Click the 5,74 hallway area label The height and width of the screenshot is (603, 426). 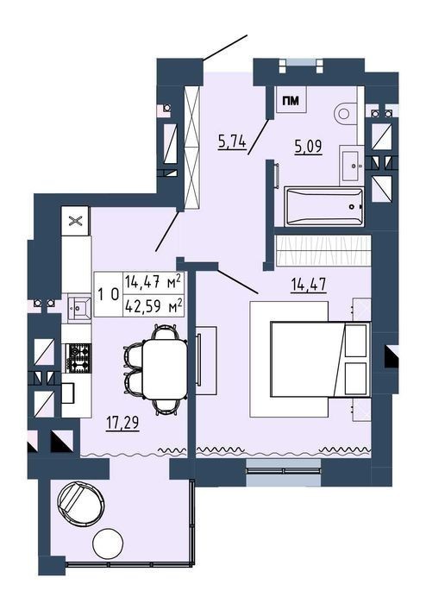click(232, 142)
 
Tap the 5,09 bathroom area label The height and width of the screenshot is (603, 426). click(308, 147)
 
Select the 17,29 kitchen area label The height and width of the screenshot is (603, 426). click(122, 424)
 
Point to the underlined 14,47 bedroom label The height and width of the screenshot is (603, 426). click(309, 285)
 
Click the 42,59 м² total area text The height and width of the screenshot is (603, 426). click(153, 307)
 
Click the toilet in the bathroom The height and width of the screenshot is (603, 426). click(348, 113)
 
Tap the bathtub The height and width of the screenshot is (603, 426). click(323, 206)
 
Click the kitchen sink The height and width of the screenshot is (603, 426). click(79, 306)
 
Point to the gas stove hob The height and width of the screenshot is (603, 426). click(78, 358)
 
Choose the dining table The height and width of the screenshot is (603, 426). click(165, 369)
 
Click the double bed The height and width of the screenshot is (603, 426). click(320, 359)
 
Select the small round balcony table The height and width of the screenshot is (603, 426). click(108, 544)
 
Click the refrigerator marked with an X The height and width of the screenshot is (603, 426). click(75, 221)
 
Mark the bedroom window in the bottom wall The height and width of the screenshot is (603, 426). click(284, 472)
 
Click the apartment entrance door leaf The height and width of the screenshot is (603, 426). click(225, 47)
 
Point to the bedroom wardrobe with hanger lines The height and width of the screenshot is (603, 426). click(323, 250)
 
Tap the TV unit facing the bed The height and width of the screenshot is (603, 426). click(206, 360)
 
